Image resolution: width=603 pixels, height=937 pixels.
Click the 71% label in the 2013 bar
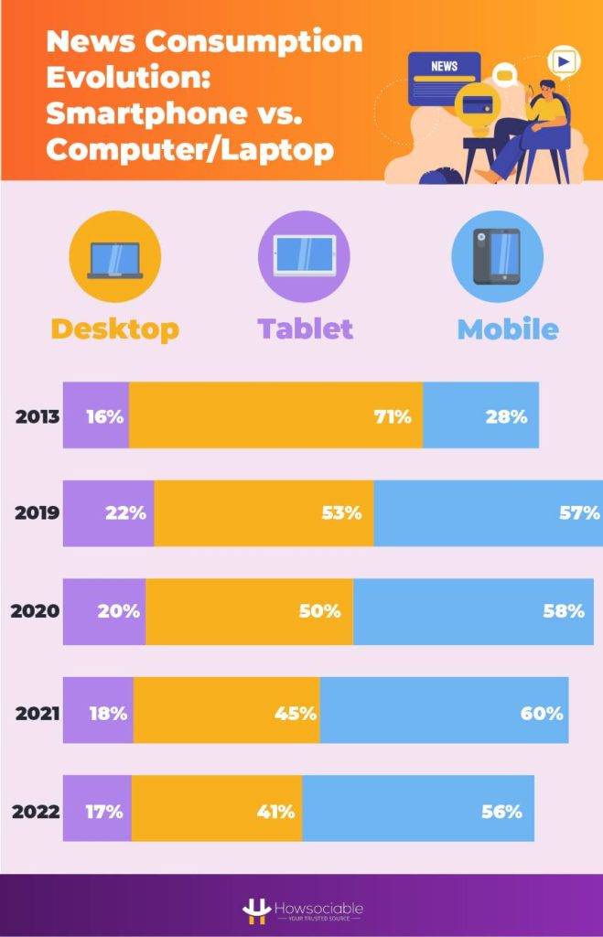point(393,416)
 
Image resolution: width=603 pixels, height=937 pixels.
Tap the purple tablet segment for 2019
point(108,513)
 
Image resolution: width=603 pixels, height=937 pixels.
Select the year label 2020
point(35,611)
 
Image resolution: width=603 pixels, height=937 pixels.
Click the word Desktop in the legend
point(114,329)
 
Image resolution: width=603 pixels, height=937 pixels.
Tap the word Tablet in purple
point(305,329)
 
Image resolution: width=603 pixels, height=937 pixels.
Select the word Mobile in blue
point(508,329)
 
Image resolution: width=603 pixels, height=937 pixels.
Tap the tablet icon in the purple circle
point(305,255)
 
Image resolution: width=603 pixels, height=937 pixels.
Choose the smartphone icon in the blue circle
point(497,256)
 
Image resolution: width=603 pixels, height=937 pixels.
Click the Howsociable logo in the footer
point(302,909)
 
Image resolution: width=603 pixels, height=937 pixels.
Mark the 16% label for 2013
point(104,416)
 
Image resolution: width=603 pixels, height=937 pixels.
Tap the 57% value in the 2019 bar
point(579,513)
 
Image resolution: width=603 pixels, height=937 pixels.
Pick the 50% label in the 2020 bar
point(319,611)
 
